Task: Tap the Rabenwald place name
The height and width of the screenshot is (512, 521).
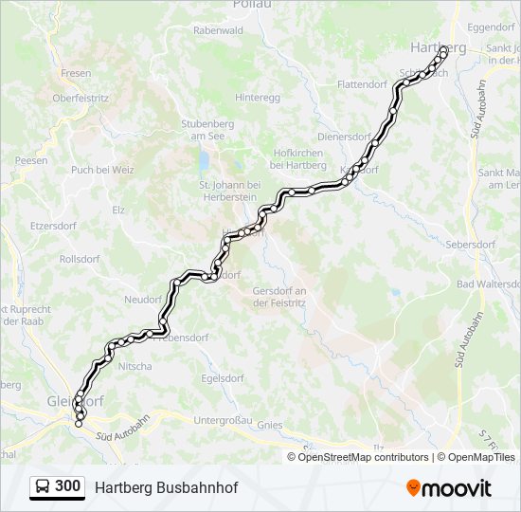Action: tap(219, 30)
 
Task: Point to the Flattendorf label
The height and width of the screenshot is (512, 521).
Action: tap(365, 84)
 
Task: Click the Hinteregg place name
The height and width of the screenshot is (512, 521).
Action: tap(258, 97)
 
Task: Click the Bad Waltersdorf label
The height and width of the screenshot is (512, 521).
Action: tap(489, 284)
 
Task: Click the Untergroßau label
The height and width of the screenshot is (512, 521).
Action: tap(223, 420)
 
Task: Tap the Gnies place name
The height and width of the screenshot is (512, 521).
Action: tap(270, 426)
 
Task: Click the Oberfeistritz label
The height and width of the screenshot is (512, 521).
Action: tap(81, 97)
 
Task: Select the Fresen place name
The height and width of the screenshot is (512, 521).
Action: tap(76, 73)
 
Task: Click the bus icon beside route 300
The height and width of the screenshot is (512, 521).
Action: tap(43, 486)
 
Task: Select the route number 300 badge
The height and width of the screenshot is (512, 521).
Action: tap(67, 486)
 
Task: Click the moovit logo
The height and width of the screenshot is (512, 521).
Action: tap(449, 487)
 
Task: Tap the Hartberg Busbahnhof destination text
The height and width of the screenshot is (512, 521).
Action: tap(166, 487)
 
